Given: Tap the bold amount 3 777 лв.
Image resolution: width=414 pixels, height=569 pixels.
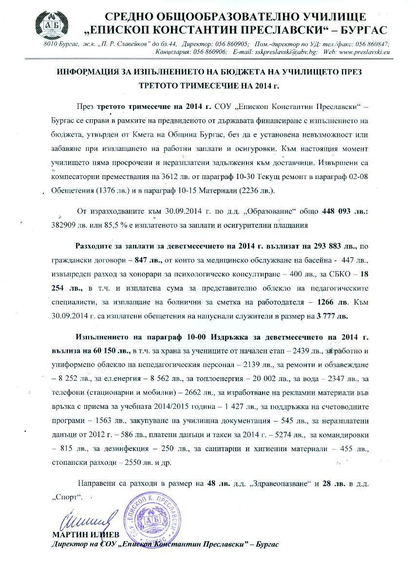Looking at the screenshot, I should point(333,315).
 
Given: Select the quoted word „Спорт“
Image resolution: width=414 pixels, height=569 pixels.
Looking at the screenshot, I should point(67,497).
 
